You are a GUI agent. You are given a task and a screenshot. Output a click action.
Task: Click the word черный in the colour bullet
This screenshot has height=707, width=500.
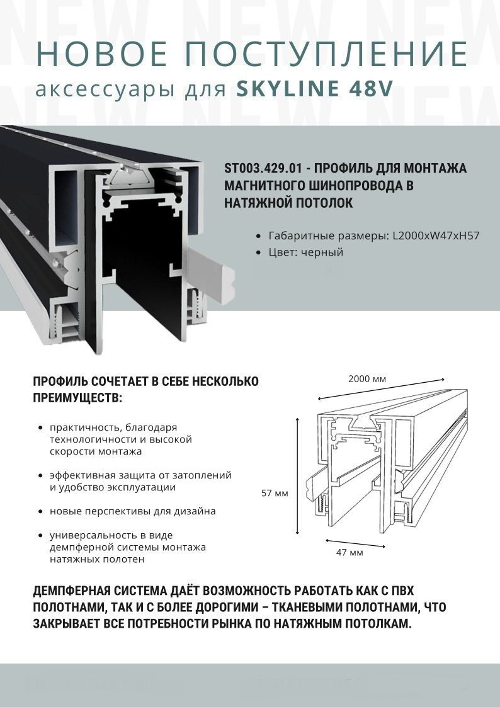click(322, 252)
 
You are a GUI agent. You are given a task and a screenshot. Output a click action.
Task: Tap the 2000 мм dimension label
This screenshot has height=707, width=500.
click(366, 379)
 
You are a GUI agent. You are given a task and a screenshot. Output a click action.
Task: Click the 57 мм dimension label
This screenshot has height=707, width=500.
click(275, 493)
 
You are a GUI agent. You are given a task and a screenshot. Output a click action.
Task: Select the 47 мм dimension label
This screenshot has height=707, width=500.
click(349, 553)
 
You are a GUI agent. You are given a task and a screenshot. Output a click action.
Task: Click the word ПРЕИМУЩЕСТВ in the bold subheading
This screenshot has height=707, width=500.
click(76, 398)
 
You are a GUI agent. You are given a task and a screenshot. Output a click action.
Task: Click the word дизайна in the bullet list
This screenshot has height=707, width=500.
click(192, 511)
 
